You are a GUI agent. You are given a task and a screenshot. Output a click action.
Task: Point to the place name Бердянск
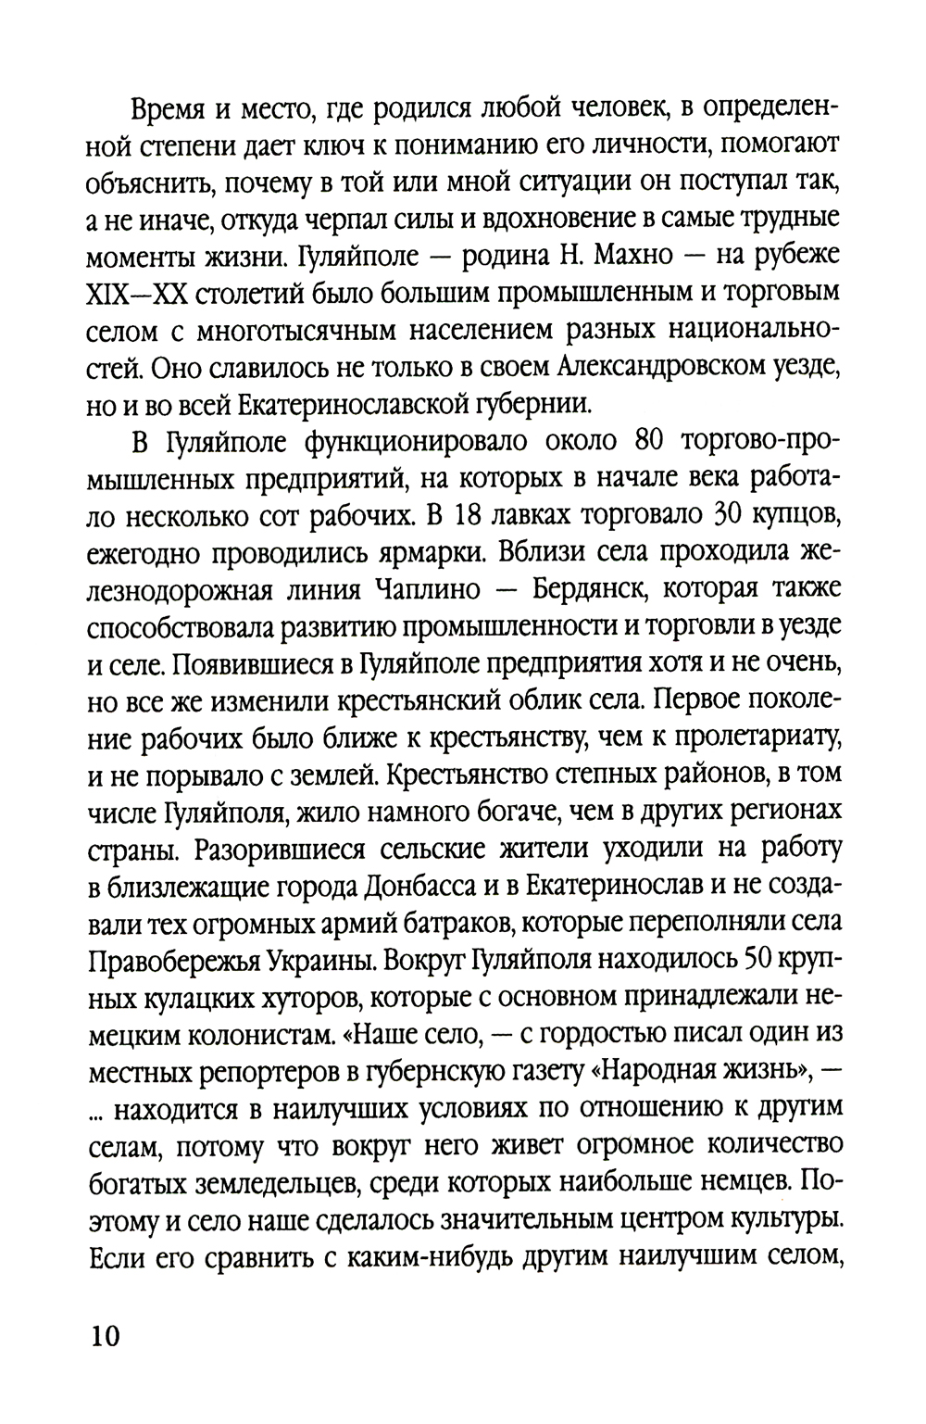(x=574, y=591)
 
